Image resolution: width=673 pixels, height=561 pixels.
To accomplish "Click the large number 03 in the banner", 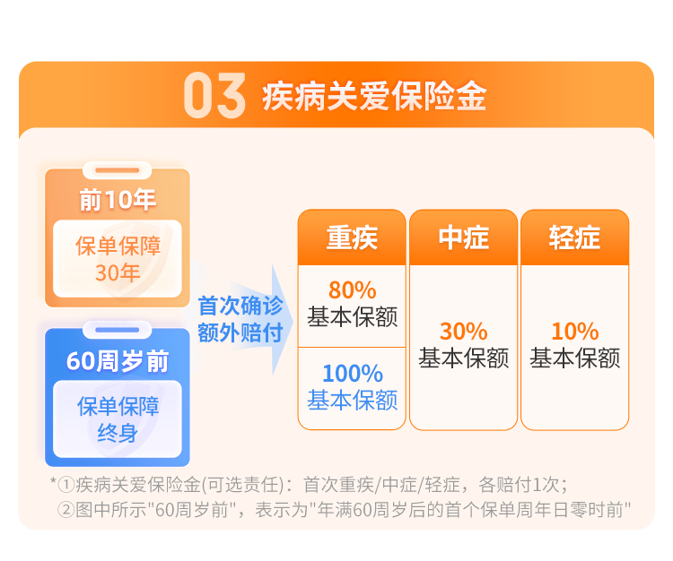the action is click(214, 95).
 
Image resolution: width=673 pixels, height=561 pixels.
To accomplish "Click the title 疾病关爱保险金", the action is click(374, 96).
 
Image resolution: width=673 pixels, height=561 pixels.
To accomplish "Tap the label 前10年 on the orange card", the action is click(118, 200).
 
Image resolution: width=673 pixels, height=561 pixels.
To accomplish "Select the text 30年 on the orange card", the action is click(118, 272).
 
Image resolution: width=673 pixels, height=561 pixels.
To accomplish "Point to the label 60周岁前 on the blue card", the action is click(118, 361).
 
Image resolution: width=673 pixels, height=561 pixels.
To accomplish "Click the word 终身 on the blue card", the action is click(118, 433).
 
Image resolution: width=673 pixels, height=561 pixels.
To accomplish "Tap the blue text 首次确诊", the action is click(240, 305).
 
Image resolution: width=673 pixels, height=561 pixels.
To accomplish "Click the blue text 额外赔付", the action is click(240, 332).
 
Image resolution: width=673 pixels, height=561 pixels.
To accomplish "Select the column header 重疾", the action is click(352, 237).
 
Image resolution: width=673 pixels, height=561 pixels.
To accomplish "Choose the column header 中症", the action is click(464, 237).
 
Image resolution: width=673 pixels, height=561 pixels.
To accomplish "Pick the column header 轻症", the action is click(574, 237).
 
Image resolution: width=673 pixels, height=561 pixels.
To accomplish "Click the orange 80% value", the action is click(353, 290).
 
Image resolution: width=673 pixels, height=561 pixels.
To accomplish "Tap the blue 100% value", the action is click(353, 374).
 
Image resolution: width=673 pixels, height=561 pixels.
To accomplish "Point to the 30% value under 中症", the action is click(464, 332).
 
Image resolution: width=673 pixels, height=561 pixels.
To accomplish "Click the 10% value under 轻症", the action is click(574, 332).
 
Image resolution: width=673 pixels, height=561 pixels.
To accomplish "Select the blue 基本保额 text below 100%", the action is click(353, 401).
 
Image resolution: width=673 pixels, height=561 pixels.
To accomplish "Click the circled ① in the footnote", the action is click(66, 485).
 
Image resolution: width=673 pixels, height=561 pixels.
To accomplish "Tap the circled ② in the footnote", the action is click(66, 510).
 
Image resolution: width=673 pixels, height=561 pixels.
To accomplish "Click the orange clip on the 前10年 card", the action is click(118, 170).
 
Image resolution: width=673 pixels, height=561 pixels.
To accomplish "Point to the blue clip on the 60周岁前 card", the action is click(118, 330).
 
